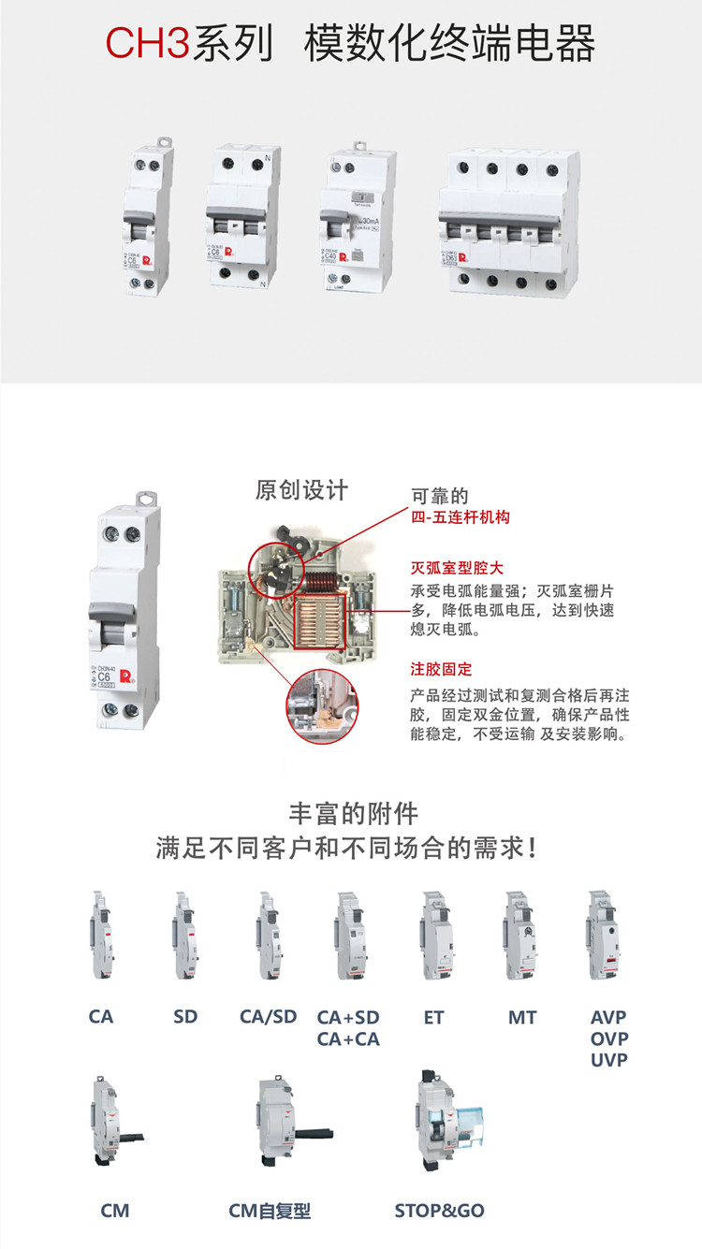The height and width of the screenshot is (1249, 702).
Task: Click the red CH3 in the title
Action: tap(147, 45)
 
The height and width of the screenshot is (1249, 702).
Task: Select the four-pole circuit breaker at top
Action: tap(505, 223)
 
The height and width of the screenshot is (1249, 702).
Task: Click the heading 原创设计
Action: tap(301, 489)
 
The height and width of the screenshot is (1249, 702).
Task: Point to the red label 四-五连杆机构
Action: tap(461, 517)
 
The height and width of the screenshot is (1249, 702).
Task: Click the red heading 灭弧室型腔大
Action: tap(457, 568)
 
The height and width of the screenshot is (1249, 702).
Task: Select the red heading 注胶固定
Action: tap(441, 670)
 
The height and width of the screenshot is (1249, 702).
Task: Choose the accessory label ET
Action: tap(433, 1017)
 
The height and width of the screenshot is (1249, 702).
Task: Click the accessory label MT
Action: tap(522, 1017)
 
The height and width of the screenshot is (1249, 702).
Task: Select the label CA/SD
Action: tap(268, 1017)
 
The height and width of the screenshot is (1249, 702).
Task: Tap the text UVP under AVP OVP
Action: tap(608, 1060)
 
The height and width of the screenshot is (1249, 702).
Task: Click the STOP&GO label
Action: tap(439, 1211)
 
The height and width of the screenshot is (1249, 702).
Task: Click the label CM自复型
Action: tap(270, 1211)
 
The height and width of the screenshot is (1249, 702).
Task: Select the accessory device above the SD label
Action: tap(184, 936)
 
